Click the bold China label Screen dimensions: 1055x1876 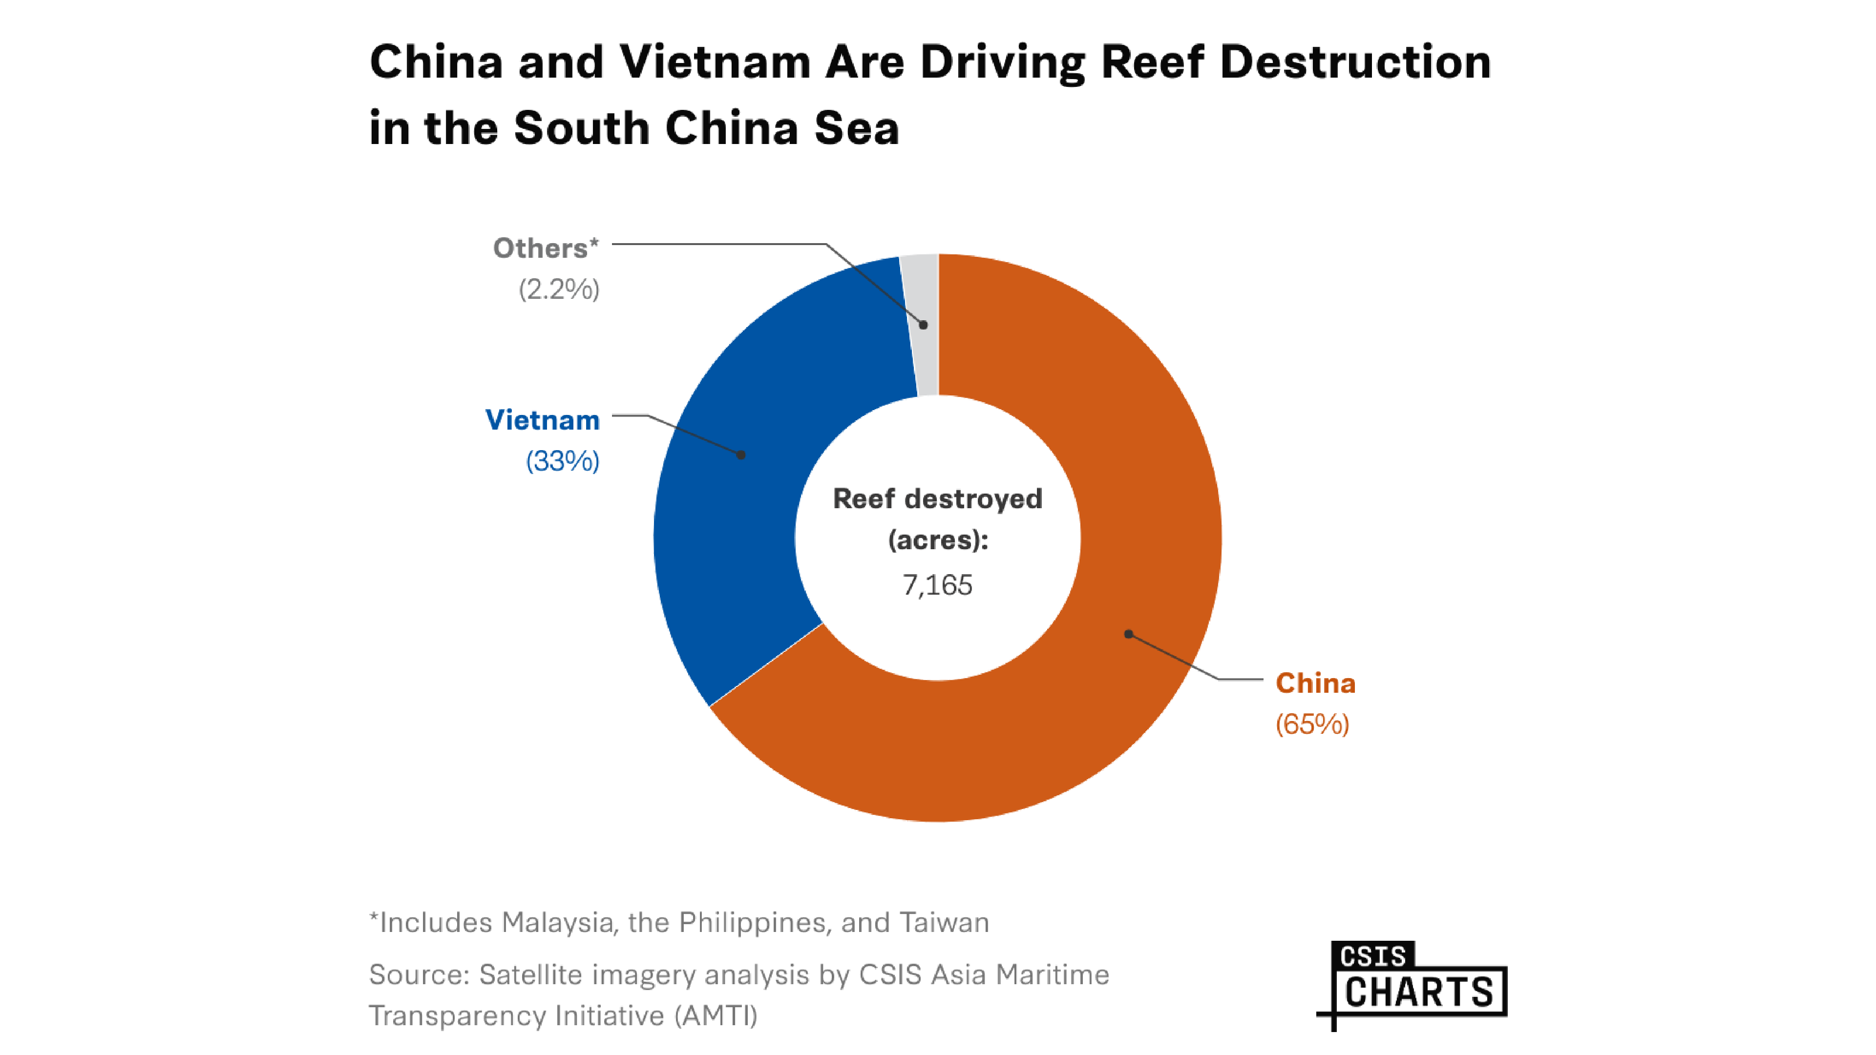[1315, 683]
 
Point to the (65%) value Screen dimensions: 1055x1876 [1312, 724]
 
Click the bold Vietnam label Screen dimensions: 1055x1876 [543, 420]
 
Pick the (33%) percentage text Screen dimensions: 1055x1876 [562, 461]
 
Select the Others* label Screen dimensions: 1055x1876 [546, 248]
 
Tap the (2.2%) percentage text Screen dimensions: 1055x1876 [559, 290]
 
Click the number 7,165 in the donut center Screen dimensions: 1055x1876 [937, 585]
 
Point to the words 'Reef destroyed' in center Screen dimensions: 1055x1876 [937, 499]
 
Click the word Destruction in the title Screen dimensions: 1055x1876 [1355, 62]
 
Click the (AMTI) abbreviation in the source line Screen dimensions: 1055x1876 [715, 1015]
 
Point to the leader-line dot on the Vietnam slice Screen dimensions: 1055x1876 [740, 455]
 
